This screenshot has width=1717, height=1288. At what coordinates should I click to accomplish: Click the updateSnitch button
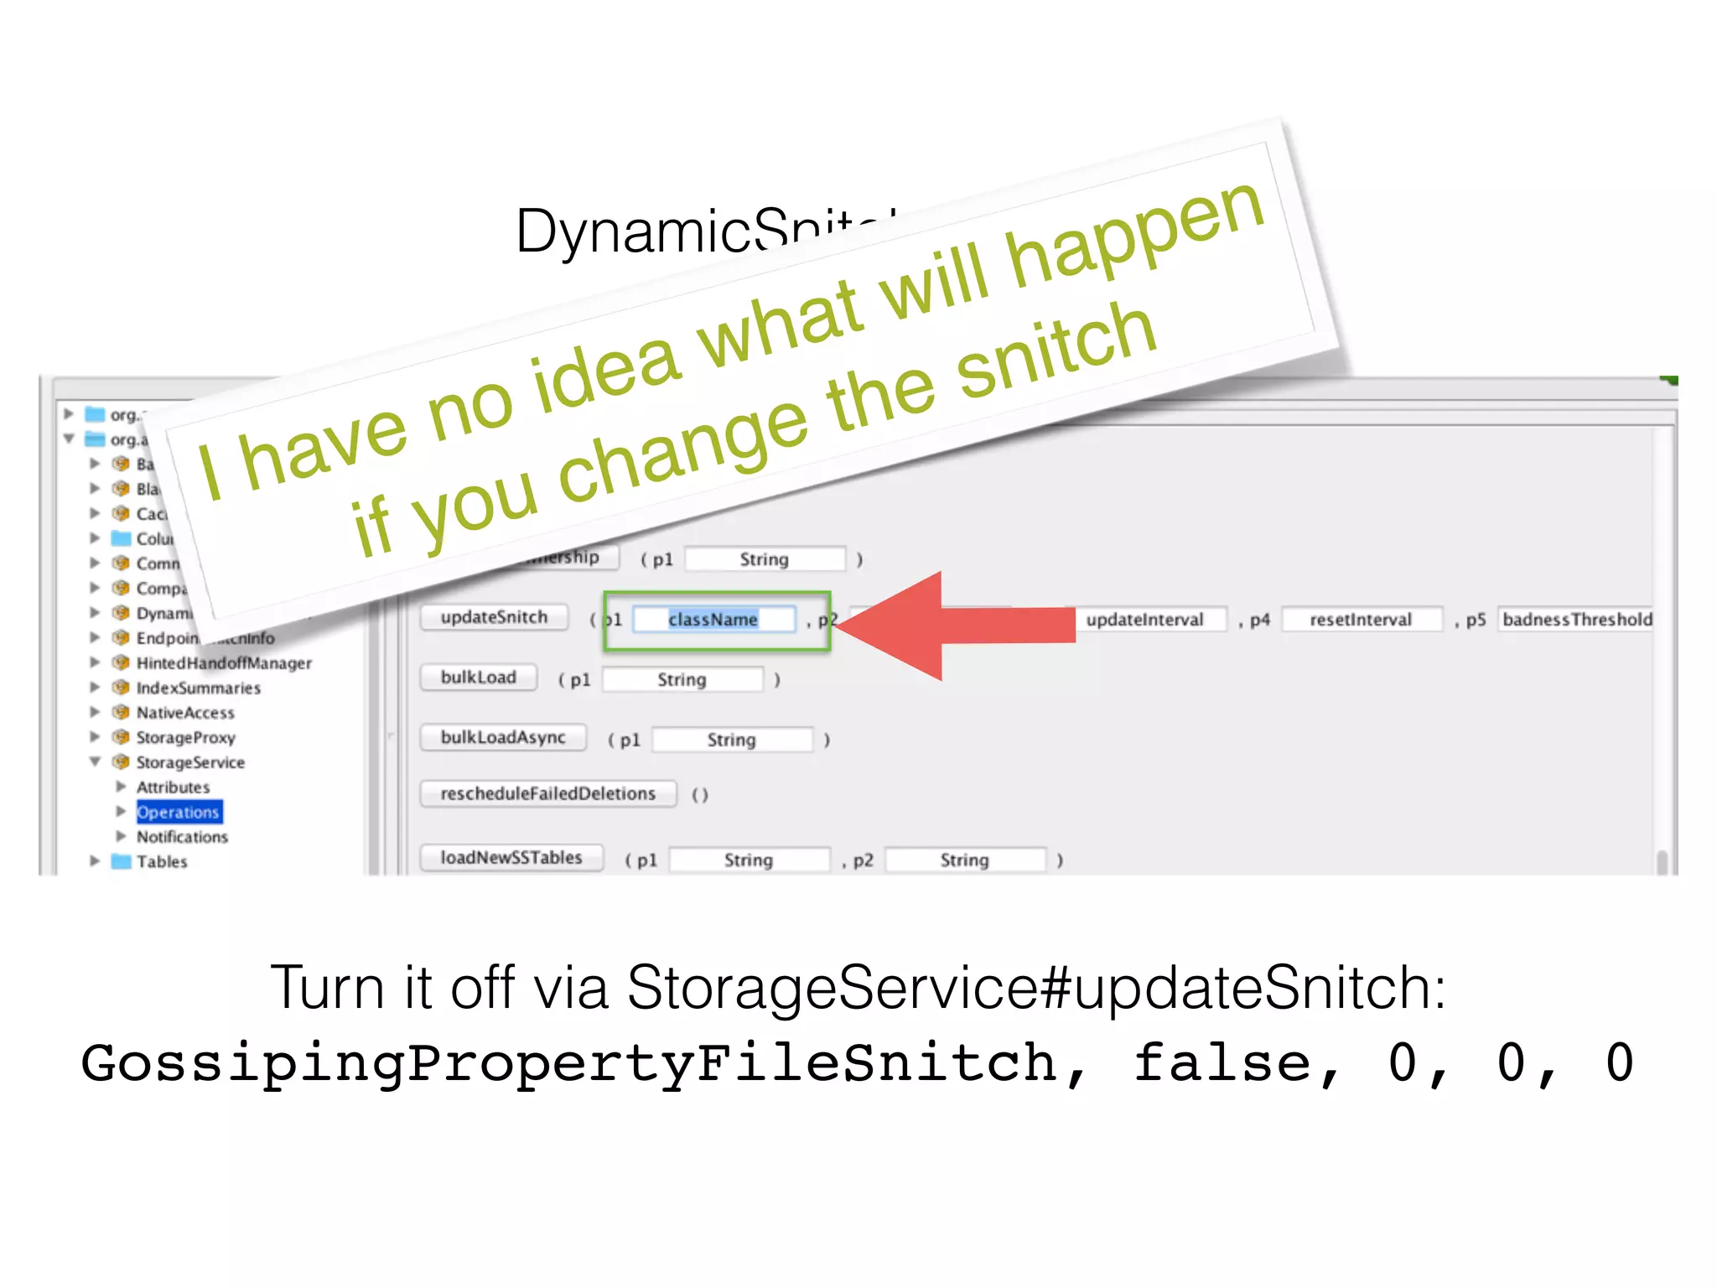click(x=494, y=618)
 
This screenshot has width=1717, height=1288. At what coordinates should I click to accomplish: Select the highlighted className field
click(x=713, y=620)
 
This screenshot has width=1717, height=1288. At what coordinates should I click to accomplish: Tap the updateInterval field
click(x=1144, y=620)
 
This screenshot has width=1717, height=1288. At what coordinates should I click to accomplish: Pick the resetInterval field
click(x=1361, y=620)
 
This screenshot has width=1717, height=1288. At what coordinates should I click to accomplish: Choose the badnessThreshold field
click(x=1576, y=620)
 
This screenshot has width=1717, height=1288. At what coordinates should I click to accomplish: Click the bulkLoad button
click(x=479, y=678)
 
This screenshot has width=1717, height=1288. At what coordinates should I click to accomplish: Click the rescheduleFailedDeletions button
click(x=548, y=794)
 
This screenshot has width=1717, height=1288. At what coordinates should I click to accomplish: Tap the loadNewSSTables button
click(x=511, y=858)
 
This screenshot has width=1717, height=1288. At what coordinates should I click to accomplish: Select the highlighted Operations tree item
click(x=179, y=813)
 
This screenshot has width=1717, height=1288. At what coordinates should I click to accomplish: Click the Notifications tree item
click(x=182, y=837)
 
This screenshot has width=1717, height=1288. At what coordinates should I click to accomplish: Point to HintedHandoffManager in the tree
click(x=224, y=663)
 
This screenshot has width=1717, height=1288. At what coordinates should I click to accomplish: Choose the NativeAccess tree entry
click(x=185, y=713)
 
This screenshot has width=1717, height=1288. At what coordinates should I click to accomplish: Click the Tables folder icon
click(x=122, y=861)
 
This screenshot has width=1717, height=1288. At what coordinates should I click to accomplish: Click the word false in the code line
click(x=1222, y=1063)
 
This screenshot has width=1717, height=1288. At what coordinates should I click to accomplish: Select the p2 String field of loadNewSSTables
click(x=965, y=860)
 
